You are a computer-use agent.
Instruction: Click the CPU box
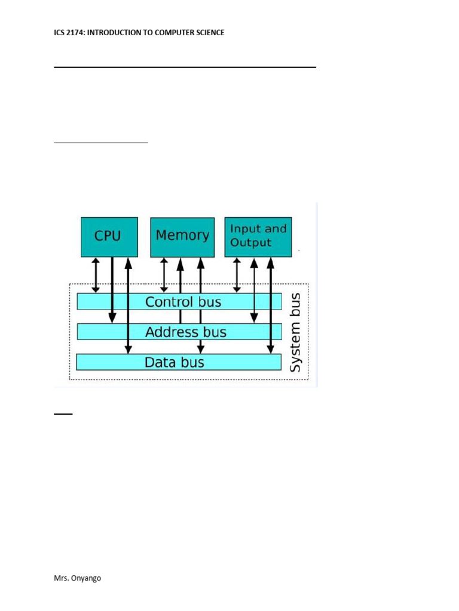[x=109, y=237]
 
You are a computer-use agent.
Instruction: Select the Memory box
[x=182, y=237]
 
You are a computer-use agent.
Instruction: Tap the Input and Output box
[x=258, y=236]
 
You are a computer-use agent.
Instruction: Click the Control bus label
[x=183, y=302]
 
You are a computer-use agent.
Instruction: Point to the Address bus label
[x=186, y=332]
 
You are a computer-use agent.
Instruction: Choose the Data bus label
[x=175, y=362]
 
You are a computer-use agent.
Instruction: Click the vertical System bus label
[x=295, y=332]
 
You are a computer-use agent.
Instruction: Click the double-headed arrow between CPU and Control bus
[x=94, y=274]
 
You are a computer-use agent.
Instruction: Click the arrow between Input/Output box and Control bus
[x=237, y=274]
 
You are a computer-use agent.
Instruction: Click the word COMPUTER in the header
[x=173, y=32]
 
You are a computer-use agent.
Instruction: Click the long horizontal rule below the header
[x=185, y=67]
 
